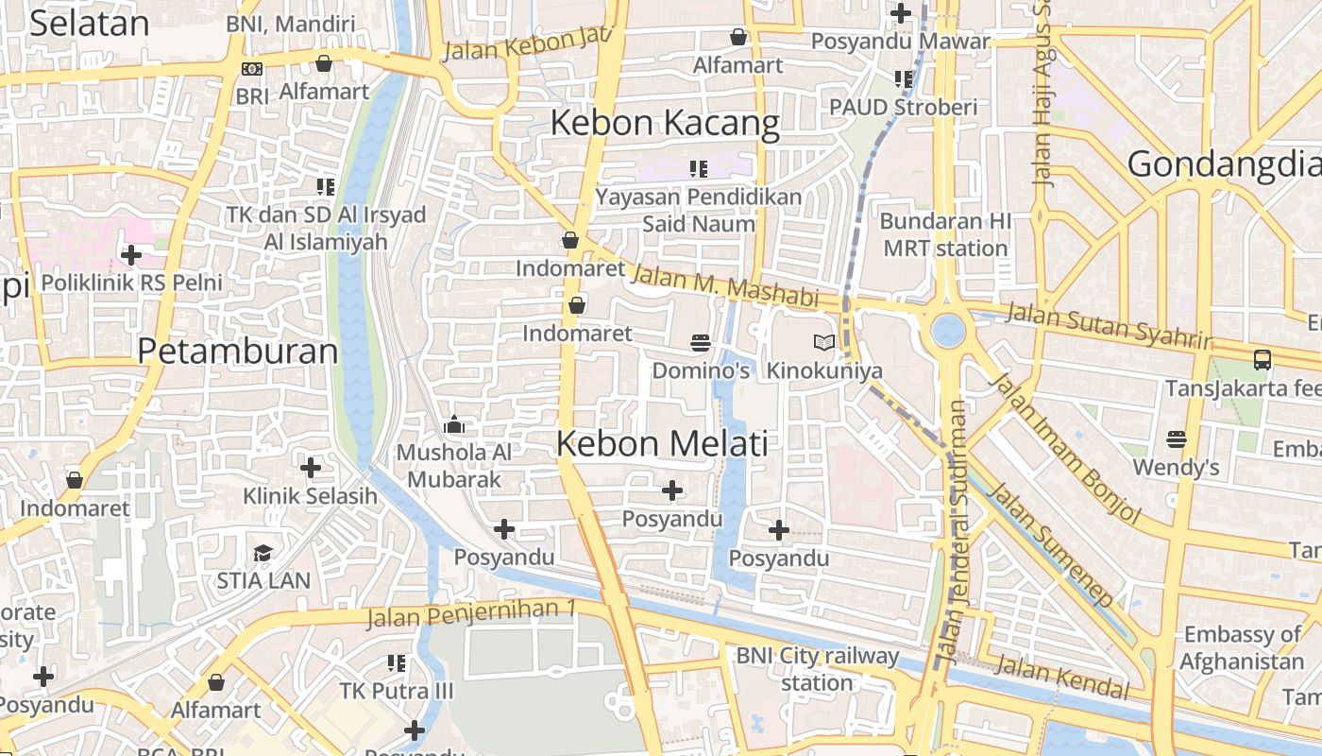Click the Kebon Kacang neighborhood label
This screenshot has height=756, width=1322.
pos(665,123)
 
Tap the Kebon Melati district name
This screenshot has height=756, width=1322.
pos(662,443)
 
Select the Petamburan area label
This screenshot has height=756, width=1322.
pos(237,352)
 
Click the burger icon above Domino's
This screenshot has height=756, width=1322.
pos(700,342)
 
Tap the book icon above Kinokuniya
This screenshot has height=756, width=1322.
pos(823,342)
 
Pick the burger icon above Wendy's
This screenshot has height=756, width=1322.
pos(1176,438)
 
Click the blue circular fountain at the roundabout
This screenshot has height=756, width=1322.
pos(947,331)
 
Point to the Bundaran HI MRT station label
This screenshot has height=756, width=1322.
pos(945,234)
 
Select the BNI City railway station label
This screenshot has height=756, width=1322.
pos(818,668)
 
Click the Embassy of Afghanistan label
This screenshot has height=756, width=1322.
pos(1241,647)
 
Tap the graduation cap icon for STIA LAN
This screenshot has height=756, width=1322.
pos(263,552)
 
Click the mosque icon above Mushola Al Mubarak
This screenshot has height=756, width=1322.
pos(453,424)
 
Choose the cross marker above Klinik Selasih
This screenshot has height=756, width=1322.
pos(310,467)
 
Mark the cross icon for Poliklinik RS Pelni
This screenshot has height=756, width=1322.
pos(131,254)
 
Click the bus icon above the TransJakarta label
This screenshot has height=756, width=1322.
pos(1262,359)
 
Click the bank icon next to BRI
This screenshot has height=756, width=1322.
pos(251,69)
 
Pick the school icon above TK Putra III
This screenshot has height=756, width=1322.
pos(397,663)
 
